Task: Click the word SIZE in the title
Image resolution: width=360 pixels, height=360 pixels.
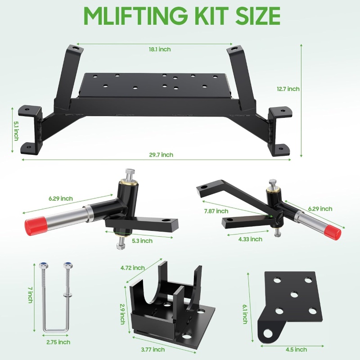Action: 257,16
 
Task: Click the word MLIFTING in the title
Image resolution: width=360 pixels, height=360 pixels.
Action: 135,16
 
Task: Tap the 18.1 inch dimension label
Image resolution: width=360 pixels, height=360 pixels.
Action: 160,49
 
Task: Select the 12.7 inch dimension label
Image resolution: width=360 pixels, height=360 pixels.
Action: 288,89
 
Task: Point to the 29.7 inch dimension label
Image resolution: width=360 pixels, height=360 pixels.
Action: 161,155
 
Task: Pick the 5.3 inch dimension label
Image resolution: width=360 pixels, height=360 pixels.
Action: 142,241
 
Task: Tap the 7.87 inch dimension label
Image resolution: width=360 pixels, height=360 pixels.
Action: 216,211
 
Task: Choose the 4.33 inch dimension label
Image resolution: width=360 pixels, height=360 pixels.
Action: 250,239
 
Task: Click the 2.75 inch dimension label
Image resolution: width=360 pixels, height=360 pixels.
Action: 58,342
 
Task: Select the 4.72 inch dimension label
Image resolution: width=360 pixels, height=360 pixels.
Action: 133,268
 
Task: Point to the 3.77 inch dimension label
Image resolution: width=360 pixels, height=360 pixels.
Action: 153,350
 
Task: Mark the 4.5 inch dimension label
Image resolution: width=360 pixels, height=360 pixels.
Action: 296,350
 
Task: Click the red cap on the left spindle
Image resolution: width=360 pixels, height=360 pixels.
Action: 36,226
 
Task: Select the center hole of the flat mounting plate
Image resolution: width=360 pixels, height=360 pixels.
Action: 294,294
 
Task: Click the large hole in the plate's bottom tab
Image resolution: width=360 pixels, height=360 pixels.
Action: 268,333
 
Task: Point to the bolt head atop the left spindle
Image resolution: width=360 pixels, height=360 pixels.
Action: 130,171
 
